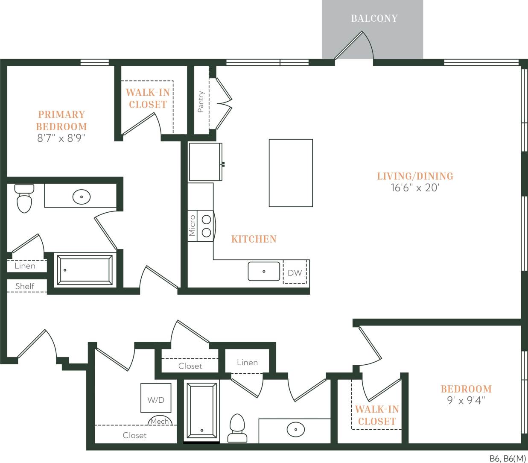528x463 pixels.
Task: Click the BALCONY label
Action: pos(374,18)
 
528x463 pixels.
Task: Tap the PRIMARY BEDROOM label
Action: pos(61,120)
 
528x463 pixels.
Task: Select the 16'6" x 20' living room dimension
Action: pos(414,188)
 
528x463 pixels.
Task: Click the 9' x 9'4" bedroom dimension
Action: pos(466,401)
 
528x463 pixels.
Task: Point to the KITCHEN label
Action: pos(254,239)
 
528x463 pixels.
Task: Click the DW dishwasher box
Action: pos(295,273)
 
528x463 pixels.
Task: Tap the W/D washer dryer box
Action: pos(156,400)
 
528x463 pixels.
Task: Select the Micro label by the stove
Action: pos(192,226)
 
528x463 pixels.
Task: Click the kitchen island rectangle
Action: pos(291,173)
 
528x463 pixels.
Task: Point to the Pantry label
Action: pos(201,102)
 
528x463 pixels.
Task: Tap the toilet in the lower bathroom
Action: pos(237,428)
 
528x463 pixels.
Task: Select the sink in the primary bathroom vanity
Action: pos(81,197)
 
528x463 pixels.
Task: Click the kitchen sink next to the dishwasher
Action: pos(264,271)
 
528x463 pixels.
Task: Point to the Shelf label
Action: pos(24,286)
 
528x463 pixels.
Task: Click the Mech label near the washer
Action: pos(160,422)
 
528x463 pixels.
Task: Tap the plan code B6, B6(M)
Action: pos(508,459)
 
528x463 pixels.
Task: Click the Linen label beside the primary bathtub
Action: pos(25,266)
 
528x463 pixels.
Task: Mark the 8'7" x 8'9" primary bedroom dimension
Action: pos(61,138)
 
